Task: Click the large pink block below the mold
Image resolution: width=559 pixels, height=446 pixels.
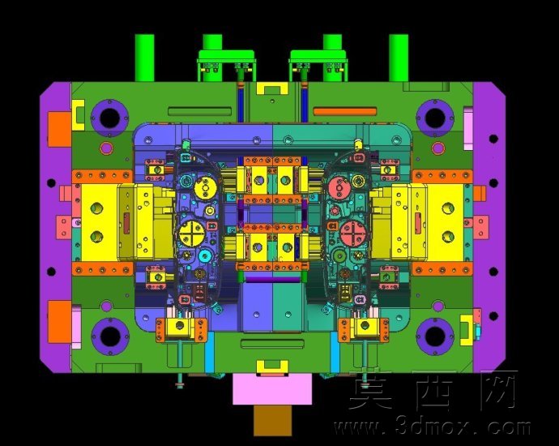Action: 272,389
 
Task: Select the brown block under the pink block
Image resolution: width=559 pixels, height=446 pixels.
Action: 272,421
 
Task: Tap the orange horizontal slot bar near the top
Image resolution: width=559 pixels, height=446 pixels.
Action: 345,111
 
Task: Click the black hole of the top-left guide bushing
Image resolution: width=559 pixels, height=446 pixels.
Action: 109,118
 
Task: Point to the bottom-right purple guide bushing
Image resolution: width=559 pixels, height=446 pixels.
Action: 435,336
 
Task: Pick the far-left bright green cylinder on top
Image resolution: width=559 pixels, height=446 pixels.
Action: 144,58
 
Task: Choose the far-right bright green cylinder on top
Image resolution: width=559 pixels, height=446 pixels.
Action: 399,58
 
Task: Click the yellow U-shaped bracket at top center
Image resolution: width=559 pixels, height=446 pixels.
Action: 272,88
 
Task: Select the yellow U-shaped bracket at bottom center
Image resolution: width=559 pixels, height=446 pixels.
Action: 272,367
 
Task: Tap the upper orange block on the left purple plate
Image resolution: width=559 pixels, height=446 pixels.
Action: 59,129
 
